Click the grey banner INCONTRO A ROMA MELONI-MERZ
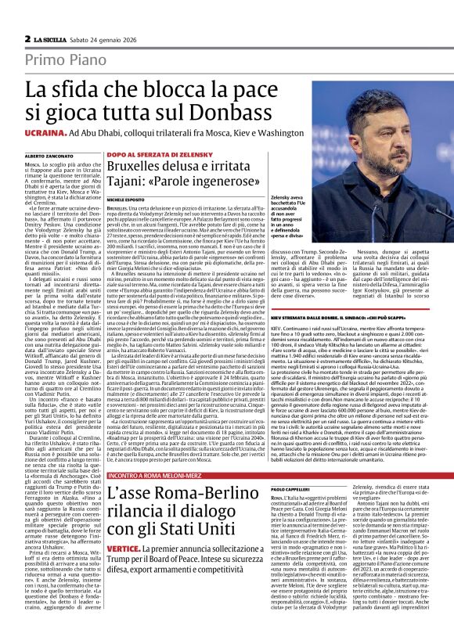point(157,475)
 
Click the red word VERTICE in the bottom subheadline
point(124,550)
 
